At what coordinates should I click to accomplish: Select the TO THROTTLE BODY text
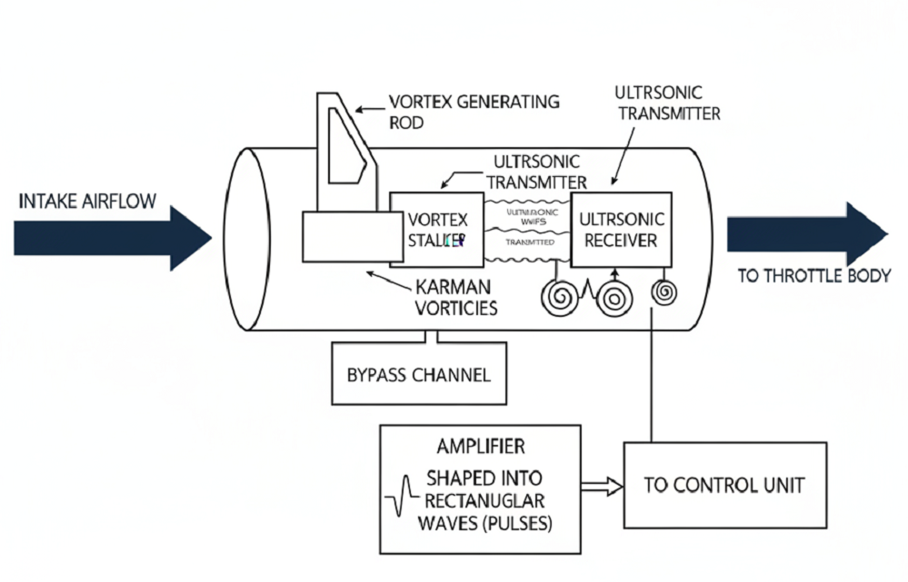click(x=813, y=276)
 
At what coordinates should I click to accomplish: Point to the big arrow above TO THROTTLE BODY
click(x=805, y=234)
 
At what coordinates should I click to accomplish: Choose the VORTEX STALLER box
click(x=436, y=229)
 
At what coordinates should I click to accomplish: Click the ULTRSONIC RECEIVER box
click(x=622, y=229)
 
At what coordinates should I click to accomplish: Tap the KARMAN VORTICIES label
click(x=455, y=297)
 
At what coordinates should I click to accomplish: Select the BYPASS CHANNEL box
click(x=418, y=373)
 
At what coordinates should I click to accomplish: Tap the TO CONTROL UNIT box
click(x=724, y=485)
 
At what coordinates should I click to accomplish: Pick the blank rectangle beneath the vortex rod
click(x=339, y=236)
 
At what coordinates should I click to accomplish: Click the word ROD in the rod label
click(x=405, y=122)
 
